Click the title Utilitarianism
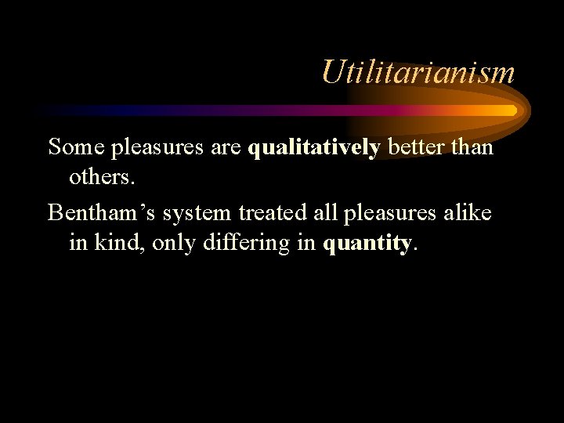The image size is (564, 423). click(x=418, y=73)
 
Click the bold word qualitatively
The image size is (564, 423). click(x=313, y=146)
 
